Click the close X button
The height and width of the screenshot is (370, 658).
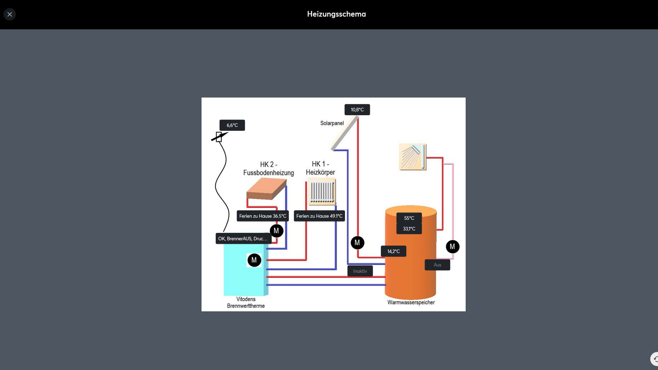click(x=10, y=14)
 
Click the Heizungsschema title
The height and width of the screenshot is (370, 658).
click(x=336, y=14)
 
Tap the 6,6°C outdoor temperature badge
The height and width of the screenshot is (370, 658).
click(x=232, y=125)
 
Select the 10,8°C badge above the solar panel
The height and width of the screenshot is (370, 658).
click(x=357, y=110)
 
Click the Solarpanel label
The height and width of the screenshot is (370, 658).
click(x=332, y=123)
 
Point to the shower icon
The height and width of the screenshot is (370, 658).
click(x=412, y=157)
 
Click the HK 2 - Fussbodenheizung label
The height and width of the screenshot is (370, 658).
click(x=268, y=169)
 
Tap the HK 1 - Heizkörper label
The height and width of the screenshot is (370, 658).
click(x=320, y=168)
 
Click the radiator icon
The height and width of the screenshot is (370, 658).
click(x=322, y=191)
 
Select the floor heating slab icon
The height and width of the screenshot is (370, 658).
click(x=266, y=189)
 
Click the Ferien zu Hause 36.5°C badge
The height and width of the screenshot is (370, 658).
click(x=263, y=216)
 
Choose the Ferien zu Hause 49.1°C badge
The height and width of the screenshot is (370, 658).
click(x=319, y=216)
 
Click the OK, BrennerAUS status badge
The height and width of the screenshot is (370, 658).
click(x=243, y=239)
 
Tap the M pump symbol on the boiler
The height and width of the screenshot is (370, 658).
click(x=254, y=260)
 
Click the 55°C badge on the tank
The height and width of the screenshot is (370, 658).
click(x=409, y=218)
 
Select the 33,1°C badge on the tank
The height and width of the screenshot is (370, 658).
click(x=409, y=229)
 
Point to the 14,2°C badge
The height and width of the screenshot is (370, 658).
click(x=393, y=251)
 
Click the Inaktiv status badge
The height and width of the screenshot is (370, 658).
click(x=360, y=271)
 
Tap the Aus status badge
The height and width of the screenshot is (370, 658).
click(x=437, y=265)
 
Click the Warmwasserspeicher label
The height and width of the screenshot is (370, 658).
click(x=411, y=303)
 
